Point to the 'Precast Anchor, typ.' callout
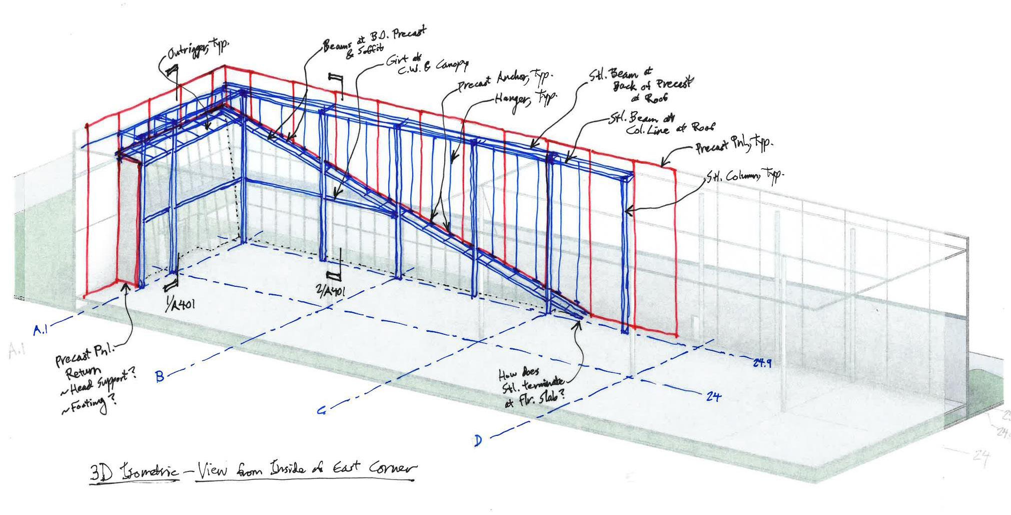click(505, 80)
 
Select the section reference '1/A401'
click(181, 305)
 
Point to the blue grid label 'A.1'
click(41, 330)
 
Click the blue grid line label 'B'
click(160, 376)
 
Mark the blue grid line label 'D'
click(478, 441)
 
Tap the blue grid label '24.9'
click(762, 362)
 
